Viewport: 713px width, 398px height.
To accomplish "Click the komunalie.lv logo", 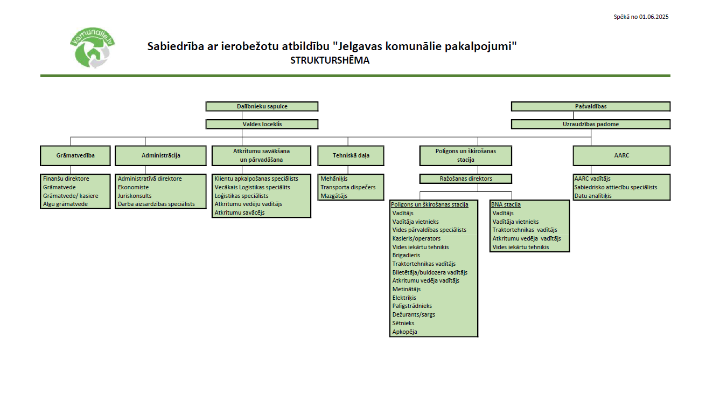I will click(93, 49).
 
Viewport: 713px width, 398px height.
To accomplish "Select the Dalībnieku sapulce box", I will click(262, 107).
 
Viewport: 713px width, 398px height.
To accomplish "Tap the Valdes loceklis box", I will click(262, 124).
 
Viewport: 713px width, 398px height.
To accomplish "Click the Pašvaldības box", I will click(590, 107).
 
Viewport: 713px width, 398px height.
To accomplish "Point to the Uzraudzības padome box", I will click(590, 124).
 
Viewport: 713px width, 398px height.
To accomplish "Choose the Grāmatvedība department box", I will click(75, 155).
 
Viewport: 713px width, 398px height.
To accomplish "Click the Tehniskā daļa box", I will click(351, 155).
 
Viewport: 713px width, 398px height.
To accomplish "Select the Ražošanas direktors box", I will click(465, 179).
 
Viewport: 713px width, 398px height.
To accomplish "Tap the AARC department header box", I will click(621, 155).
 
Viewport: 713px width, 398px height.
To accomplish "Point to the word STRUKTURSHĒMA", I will click(330, 60).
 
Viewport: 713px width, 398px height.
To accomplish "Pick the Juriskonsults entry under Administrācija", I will click(135, 196).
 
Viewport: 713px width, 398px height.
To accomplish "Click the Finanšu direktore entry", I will click(66, 179).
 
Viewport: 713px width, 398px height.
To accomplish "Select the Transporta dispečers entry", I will click(348, 187).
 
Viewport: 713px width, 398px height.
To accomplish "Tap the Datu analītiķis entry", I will click(592, 196).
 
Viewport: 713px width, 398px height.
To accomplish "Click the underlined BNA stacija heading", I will click(506, 204).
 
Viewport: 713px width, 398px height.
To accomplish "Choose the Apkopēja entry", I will click(404, 332).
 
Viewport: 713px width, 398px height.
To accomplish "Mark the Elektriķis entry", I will click(404, 298).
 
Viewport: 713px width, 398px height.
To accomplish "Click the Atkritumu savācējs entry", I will click(239, 212).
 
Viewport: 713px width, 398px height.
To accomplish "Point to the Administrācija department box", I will click(160, 155).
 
